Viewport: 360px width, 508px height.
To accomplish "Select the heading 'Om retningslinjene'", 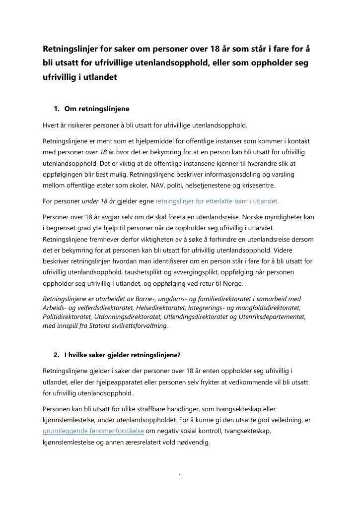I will [97, 109].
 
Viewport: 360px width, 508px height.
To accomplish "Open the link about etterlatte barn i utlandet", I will [217, 201].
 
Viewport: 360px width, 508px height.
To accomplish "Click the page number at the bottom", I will [180, 476].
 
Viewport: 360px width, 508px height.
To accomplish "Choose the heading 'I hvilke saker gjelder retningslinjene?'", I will [122, 355].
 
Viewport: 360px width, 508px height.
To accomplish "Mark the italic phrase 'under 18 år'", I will [98, 201].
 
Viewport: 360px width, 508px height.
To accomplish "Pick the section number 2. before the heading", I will [56, 355].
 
